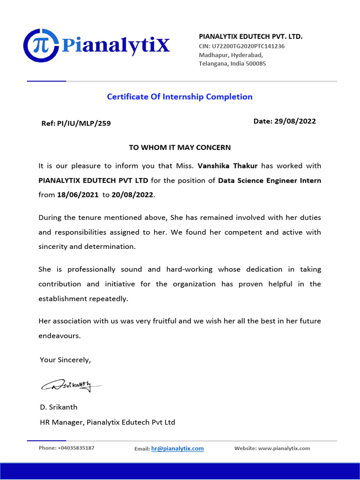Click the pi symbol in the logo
41,46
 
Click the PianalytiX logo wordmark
115,45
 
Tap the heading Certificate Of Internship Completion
180,97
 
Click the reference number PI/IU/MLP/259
84,123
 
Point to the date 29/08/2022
295,121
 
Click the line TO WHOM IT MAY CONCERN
180,147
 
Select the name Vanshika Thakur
228,166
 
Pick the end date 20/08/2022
132,195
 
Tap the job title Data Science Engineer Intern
270,180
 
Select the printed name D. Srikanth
59,407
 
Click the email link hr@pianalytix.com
177,449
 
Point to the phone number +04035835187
76,448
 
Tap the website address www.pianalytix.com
284,448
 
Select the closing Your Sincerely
65,360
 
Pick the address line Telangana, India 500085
232,63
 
